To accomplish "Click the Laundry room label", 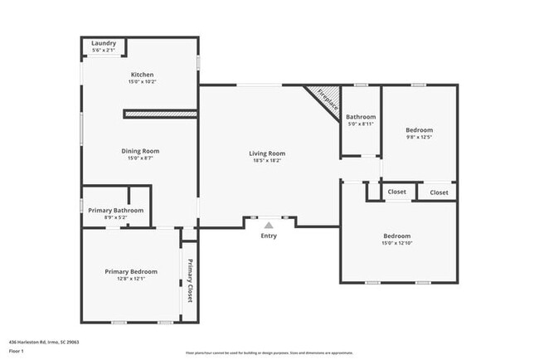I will tap(104, 43).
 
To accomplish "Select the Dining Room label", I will tap(140, 151).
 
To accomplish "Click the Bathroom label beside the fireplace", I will tap(361, 117).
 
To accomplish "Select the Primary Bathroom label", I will tap(116, 211).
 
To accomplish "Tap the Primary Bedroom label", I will tap(131, 271).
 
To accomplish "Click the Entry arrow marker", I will tap(269, 224).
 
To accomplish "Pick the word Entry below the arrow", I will tap(269, 236).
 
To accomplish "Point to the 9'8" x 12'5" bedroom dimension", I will tap(419, 138).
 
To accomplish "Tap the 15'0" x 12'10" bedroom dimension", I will tap(398, 243).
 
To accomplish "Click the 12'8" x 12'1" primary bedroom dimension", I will tap(131, 279).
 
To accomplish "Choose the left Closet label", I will tap(397, 192).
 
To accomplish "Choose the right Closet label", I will tap(439, 192).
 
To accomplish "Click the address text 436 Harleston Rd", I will tap(41, 341).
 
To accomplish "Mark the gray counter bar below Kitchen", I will tap(159, 113).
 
